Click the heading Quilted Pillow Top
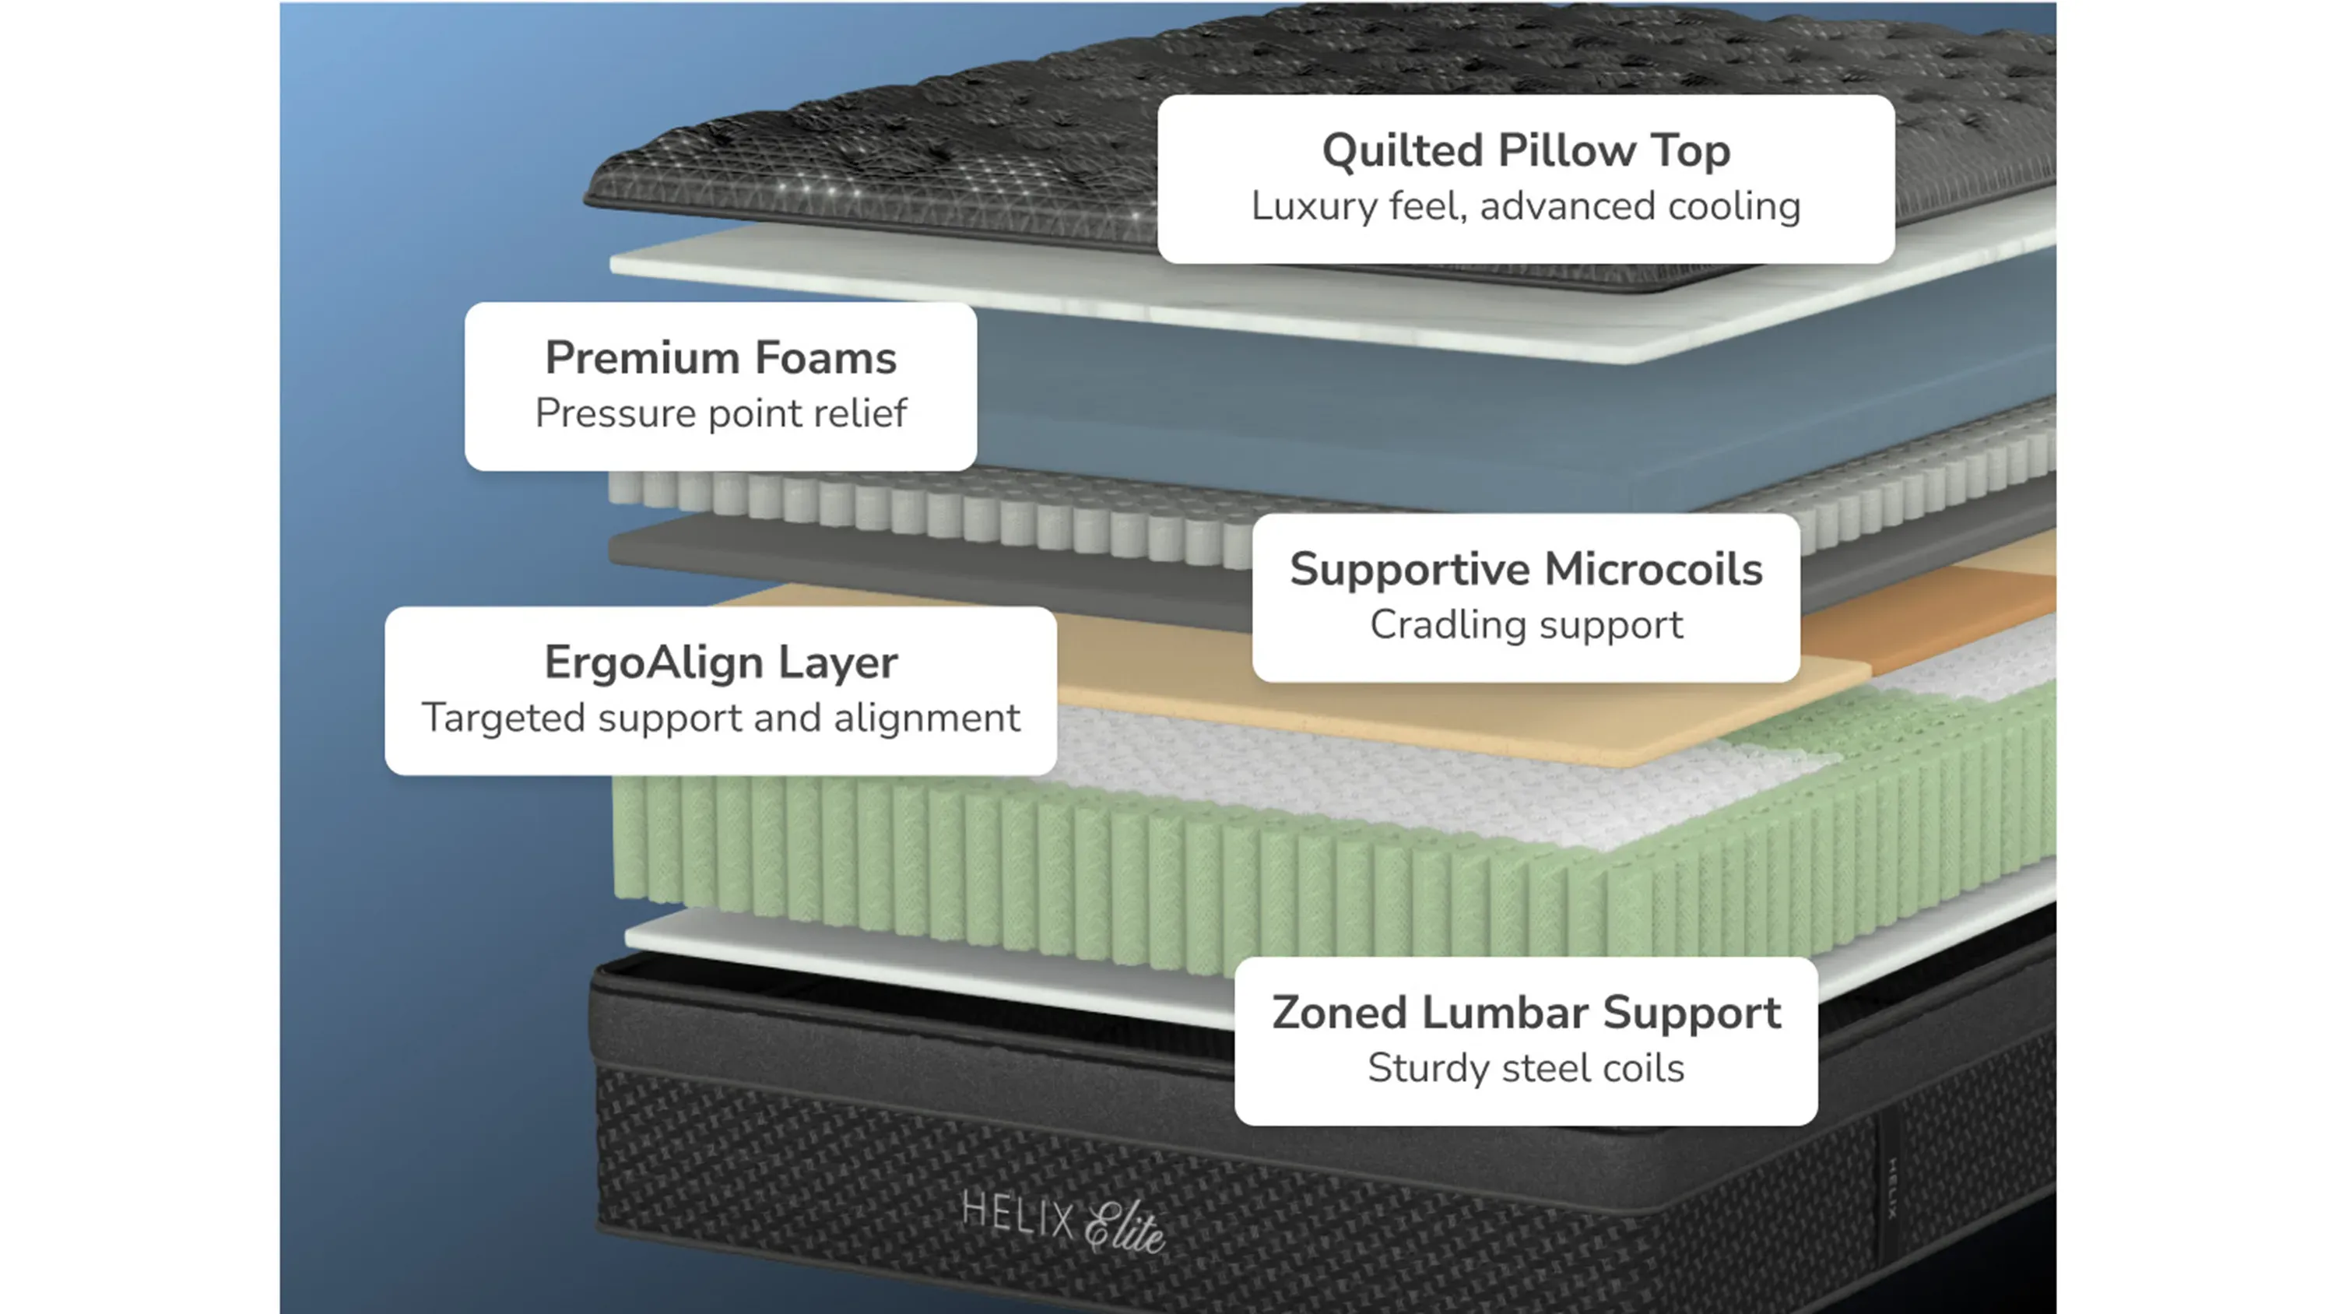tap(1526, 150)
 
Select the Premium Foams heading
tap(721, 357)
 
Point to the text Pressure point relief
tap(721, 413)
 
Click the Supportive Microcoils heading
tap(1526, 570)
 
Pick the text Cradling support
tap(1526, 625)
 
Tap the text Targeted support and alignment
tap(721, 718)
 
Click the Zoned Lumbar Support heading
tap(1526, 1013)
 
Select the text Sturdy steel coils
tap(1526, 1068)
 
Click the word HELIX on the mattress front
tap(1017, 1214)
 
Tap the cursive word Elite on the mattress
tap(1125, 1228)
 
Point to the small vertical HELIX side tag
tap(1893, 1188)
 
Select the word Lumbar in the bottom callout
tap(1505, 1013)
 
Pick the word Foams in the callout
tap(826, 357)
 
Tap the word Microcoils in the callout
tap(1653, 570)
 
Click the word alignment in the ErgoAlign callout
tap(926, 719)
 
